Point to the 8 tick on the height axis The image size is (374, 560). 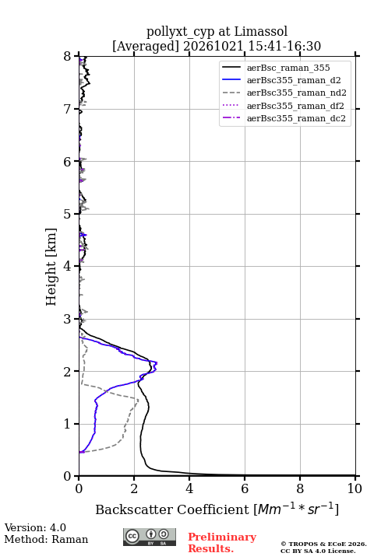pos(76,56)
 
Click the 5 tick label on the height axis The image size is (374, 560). pos(67,215)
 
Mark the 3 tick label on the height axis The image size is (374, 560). pos(67,319)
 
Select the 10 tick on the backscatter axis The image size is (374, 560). pos(355,478)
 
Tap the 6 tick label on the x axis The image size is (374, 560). pos(245,488)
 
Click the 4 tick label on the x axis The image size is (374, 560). pos(189,488)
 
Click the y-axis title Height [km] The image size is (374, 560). pos(51,267)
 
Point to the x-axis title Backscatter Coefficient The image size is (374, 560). pos(171,509)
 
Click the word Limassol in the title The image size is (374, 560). pos(261,32)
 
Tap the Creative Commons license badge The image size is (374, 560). pos(150,537)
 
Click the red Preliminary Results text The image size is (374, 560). pos(222,543)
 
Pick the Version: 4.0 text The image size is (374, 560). pos(35,527)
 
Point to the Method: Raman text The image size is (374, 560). pos(46,539)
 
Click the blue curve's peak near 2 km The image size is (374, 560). pos(157,363)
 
